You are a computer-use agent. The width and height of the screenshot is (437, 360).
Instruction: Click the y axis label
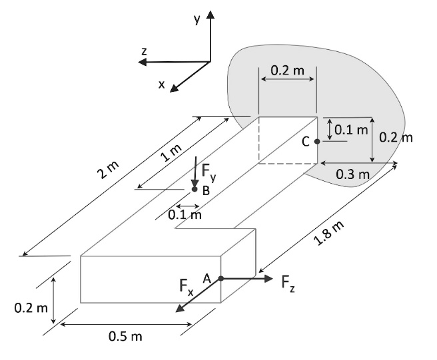[197, 20]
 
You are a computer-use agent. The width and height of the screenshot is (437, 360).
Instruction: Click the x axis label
[161, 85]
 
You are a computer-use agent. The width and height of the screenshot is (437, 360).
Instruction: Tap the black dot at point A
[220, 278]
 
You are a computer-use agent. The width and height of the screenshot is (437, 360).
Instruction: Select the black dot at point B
[195, 190]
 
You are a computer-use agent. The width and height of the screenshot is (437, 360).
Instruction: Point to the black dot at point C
[317, 141]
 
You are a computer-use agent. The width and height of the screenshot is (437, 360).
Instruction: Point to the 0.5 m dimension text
[126, 336]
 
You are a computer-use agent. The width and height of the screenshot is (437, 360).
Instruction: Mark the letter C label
[306, 141]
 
